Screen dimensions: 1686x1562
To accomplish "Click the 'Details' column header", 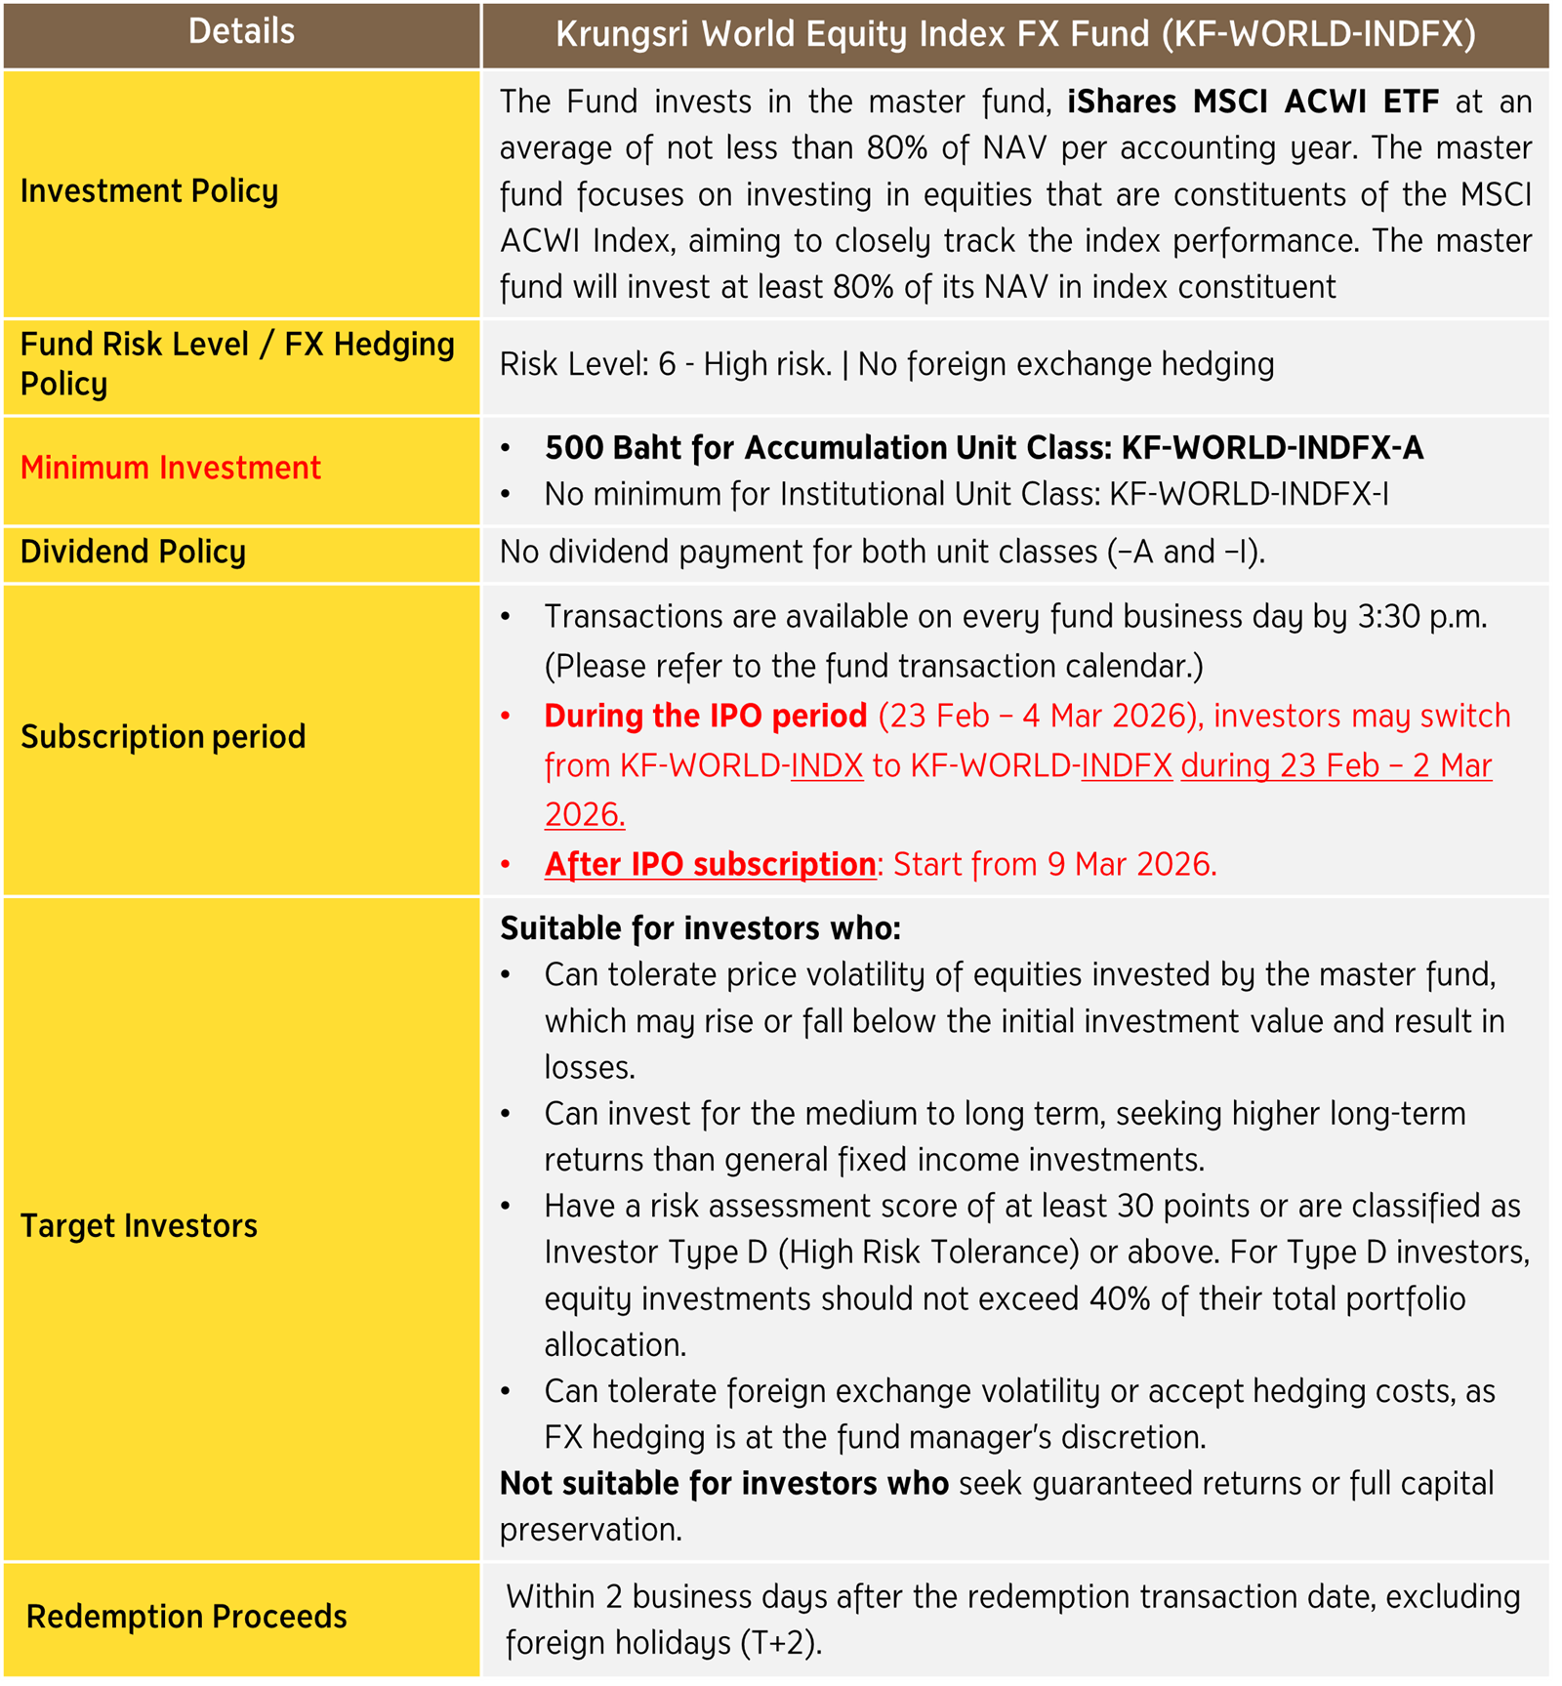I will click(241, 32).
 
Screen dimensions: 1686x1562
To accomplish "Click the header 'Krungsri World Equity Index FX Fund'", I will click(1015, 34).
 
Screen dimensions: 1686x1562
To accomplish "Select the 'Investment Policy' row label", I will click(149, 191).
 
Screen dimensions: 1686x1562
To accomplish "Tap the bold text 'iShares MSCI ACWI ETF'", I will click(1253, 102).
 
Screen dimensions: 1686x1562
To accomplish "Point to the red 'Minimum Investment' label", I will click(171, 469).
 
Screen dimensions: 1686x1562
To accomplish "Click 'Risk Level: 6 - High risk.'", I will click(666, 365).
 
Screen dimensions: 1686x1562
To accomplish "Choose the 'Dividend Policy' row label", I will click(133, 553).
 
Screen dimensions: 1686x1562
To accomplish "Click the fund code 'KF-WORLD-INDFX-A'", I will click(1272, 448).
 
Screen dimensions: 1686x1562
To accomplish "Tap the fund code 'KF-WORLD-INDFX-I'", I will click(1249, 495).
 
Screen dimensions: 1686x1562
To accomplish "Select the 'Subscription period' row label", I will click(163, 737).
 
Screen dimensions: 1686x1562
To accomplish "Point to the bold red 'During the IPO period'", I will click(705, 717).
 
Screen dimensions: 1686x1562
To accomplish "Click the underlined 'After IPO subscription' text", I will click(710, 865).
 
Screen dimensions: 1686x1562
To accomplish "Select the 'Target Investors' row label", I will click(139, 1226).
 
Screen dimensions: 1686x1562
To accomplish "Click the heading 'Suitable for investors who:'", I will click(700, 928).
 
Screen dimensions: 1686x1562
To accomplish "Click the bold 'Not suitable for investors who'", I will click(723, 1484).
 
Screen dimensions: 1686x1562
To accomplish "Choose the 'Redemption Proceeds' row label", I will click(186, 1617).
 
